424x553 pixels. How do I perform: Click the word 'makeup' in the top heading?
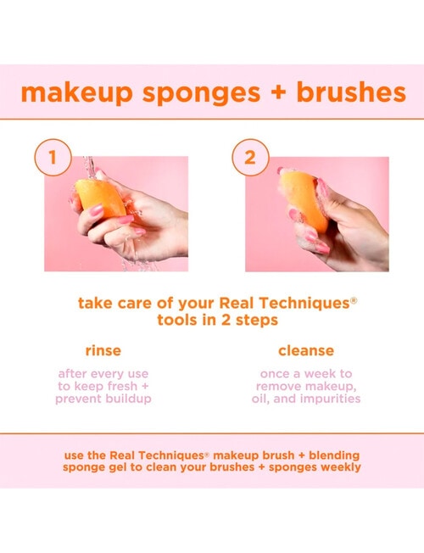(70, 93)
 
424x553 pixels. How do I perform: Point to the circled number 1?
(53, 157)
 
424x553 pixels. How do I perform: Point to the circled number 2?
(249, 157)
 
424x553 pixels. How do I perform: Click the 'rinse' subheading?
(103, 350)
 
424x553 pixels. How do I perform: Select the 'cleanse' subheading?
(306, 350)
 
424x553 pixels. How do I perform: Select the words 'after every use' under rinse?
(103, 374)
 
